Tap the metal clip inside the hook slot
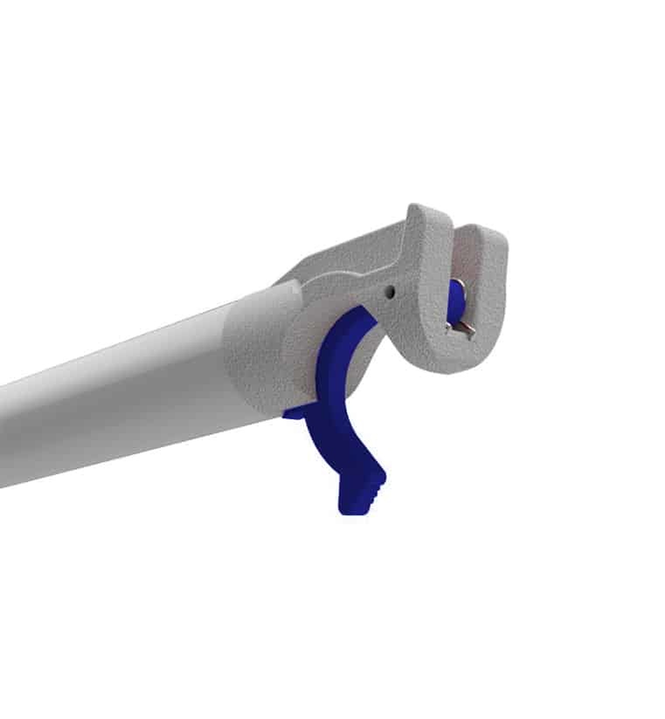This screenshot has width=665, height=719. point(461,328)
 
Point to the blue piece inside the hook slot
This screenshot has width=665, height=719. point(456,298)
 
